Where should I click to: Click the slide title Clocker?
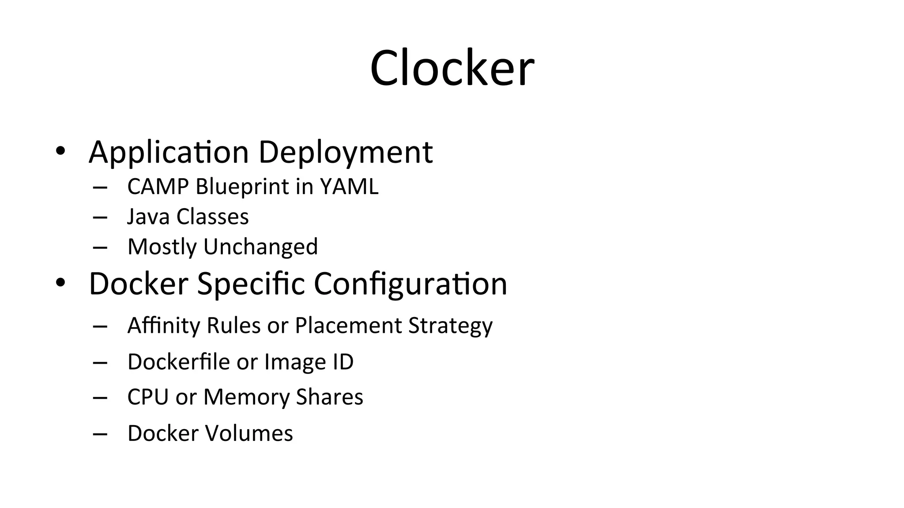[x=452, y=69]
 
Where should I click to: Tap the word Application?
[x=169, y=153]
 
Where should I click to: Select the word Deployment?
[x=345, y=153]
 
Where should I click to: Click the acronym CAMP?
[x=158, y=187]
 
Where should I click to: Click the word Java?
[x=148, y=217]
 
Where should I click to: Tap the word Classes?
[x=212, y=217]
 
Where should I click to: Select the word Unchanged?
[x=260, y=247]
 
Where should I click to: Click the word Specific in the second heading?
[x=251, y=284]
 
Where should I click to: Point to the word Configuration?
[x=411, y=284]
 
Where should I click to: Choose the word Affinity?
[x=163, y=326]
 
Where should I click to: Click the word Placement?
[x=348, y=326]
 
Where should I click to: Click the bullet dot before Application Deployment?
[x=60, y=151]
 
